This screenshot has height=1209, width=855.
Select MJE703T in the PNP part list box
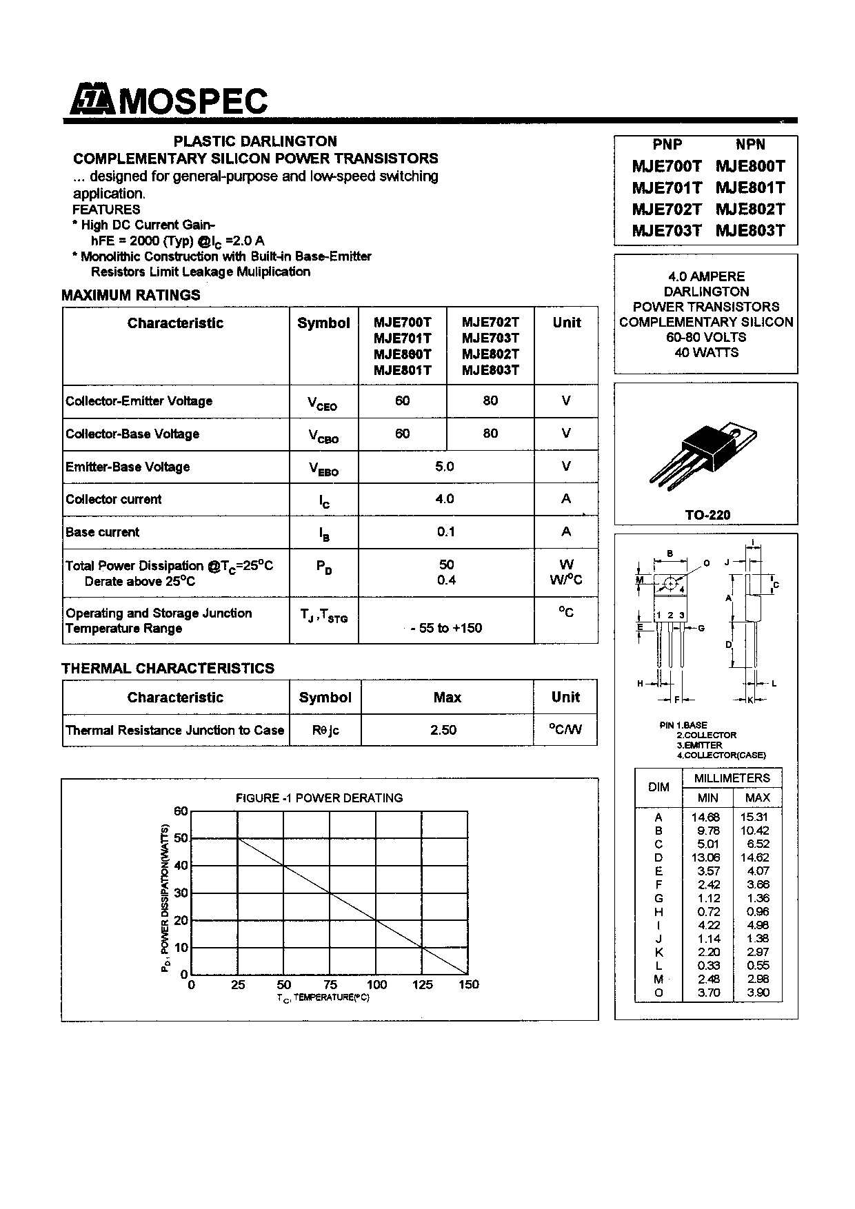[666, 231]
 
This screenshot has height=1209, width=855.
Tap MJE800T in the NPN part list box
[750, 166]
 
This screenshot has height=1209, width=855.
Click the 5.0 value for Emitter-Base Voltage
[445, 467]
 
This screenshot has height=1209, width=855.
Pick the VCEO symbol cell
[323, 403]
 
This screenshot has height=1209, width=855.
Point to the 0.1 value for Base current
[446, 531]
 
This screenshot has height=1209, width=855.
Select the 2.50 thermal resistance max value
[443, 730]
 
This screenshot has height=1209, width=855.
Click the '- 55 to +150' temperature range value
[446, 628]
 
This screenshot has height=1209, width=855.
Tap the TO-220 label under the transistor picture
[707, 515]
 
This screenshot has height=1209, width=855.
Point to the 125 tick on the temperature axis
[423, 985]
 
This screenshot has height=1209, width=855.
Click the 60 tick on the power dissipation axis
[181, 811]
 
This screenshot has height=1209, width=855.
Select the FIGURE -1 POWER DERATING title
[319, 798]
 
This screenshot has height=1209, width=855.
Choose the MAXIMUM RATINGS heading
[131, 295]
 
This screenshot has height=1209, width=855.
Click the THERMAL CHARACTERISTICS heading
[168, 669]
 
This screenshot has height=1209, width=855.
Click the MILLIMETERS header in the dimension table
[732, 778]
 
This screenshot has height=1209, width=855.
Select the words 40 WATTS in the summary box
[706, 352]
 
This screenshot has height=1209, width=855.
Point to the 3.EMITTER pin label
[699, 745]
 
